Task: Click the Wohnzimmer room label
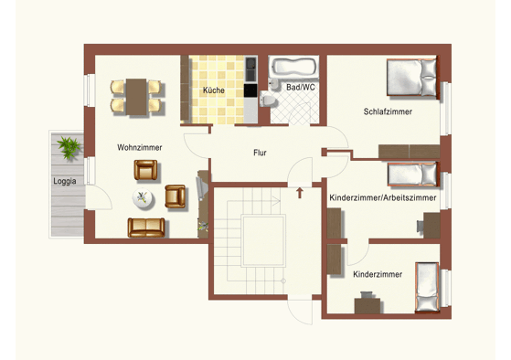coord(140,148)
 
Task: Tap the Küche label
coord(214,90)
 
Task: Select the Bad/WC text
coord(301,88)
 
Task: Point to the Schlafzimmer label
coord(388,111)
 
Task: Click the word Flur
coord(260,153)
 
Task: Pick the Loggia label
coord(65,182)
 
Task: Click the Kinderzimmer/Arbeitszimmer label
coord(383,197)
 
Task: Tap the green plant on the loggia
coord(69,147)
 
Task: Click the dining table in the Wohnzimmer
coord(136,97)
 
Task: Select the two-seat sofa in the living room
coord(146,228)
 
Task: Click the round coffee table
coord(144,198)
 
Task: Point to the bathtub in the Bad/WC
coord(294,67)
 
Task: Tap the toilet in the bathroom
coord(268,100)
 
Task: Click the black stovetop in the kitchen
coord(250,90)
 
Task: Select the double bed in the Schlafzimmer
coord(411,78)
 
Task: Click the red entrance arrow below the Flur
coord(300,193)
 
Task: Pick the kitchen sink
coord(250,69)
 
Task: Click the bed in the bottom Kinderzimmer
coord(427,287)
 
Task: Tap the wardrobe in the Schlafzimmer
coord(410,152)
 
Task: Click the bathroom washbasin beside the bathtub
coord(273,84)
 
